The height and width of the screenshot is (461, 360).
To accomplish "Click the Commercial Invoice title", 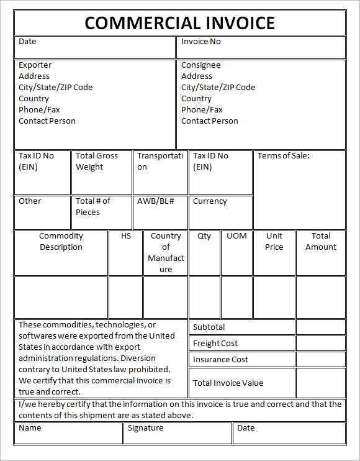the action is pyautogui.click(x=179, y=23).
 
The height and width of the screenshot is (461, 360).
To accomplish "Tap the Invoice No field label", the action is pyautogui.click(x=200, y=42).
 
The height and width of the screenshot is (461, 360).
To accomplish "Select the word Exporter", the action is pyautogui.click(x=35, y=65).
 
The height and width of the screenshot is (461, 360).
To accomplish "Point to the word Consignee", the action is pyautogui.click(x=200, y=65).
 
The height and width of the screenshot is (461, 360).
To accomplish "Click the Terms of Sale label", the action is pyautogui.click(x=283, y=156).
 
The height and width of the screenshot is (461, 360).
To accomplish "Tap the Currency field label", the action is pyautogui.click(x=210, y=201).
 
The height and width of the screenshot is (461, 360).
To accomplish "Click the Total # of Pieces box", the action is pyautogui.click(x=101, y=212).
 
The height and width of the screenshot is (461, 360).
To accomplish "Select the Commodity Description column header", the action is pyautogui.click(x=61, y=242).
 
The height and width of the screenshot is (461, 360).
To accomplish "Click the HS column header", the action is pyautogui.click(x=126, y=236).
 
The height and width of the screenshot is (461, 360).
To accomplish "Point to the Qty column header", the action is pyautogui.click(x=204, y=236).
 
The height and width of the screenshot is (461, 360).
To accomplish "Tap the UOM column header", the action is pyautogui.click(x=236, y=236).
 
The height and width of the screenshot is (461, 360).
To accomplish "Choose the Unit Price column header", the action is pyautogui.click(x=274, y=242).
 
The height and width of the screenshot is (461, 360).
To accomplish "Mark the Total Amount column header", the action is pyautogui.click(x=321, y=242).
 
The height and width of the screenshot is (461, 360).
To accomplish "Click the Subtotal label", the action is pyautogui.click(x=209, y=327).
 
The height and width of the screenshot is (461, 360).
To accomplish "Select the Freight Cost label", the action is pyautogui.click(x=215, y=343).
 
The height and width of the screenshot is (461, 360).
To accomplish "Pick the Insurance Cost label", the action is pyautogui.click(x=220, y=359).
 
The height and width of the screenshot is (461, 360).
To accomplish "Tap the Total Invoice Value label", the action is pyautogui.click(x=228, y=383).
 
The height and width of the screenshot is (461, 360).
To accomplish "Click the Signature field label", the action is pyautogui.click(x=145, y=427).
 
